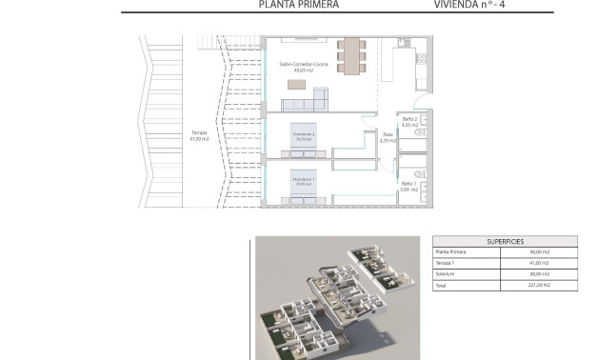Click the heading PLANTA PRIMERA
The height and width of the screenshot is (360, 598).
[299, 5]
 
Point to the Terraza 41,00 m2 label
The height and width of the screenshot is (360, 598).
[199, 135]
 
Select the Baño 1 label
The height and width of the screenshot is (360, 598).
[408, 186]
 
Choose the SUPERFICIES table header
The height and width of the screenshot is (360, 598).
[505, 242]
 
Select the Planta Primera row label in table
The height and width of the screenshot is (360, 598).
[452, 252]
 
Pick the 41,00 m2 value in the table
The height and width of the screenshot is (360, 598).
[539, 263]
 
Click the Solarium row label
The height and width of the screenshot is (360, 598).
[446, 273]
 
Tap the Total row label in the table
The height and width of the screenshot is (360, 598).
[441, 285]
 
